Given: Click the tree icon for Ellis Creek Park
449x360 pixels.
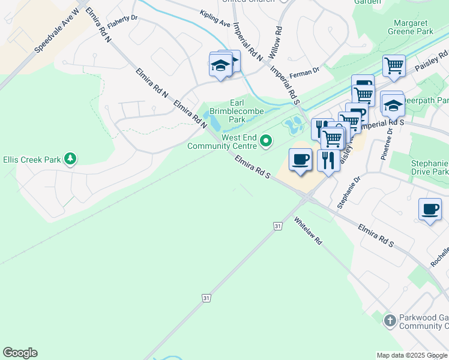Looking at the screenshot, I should (x=71, y=159).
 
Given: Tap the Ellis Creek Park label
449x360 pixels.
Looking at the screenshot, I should (x=31, y=160).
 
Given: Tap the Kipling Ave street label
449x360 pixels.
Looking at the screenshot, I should (x=215, y=19).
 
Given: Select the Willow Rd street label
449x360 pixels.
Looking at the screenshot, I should (x=275, y=41).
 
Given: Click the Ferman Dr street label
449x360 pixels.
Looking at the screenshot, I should (x=304, y=73).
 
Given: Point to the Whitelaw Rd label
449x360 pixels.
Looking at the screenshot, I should (x=308, y=230).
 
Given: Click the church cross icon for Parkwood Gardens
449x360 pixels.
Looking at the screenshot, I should (x=390, y=320).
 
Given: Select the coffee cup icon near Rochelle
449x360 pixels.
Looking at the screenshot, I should (x=430, y=209).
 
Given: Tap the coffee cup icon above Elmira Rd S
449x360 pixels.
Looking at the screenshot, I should (x=300, y=160).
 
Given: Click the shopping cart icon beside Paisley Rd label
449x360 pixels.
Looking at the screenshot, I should (x=394, y=65).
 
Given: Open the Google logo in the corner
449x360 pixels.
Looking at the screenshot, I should (x=20, y=353).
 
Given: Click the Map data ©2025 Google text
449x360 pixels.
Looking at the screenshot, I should (x=412, y=355).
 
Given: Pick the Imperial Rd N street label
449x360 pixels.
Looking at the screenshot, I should (x=247, y=42).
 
